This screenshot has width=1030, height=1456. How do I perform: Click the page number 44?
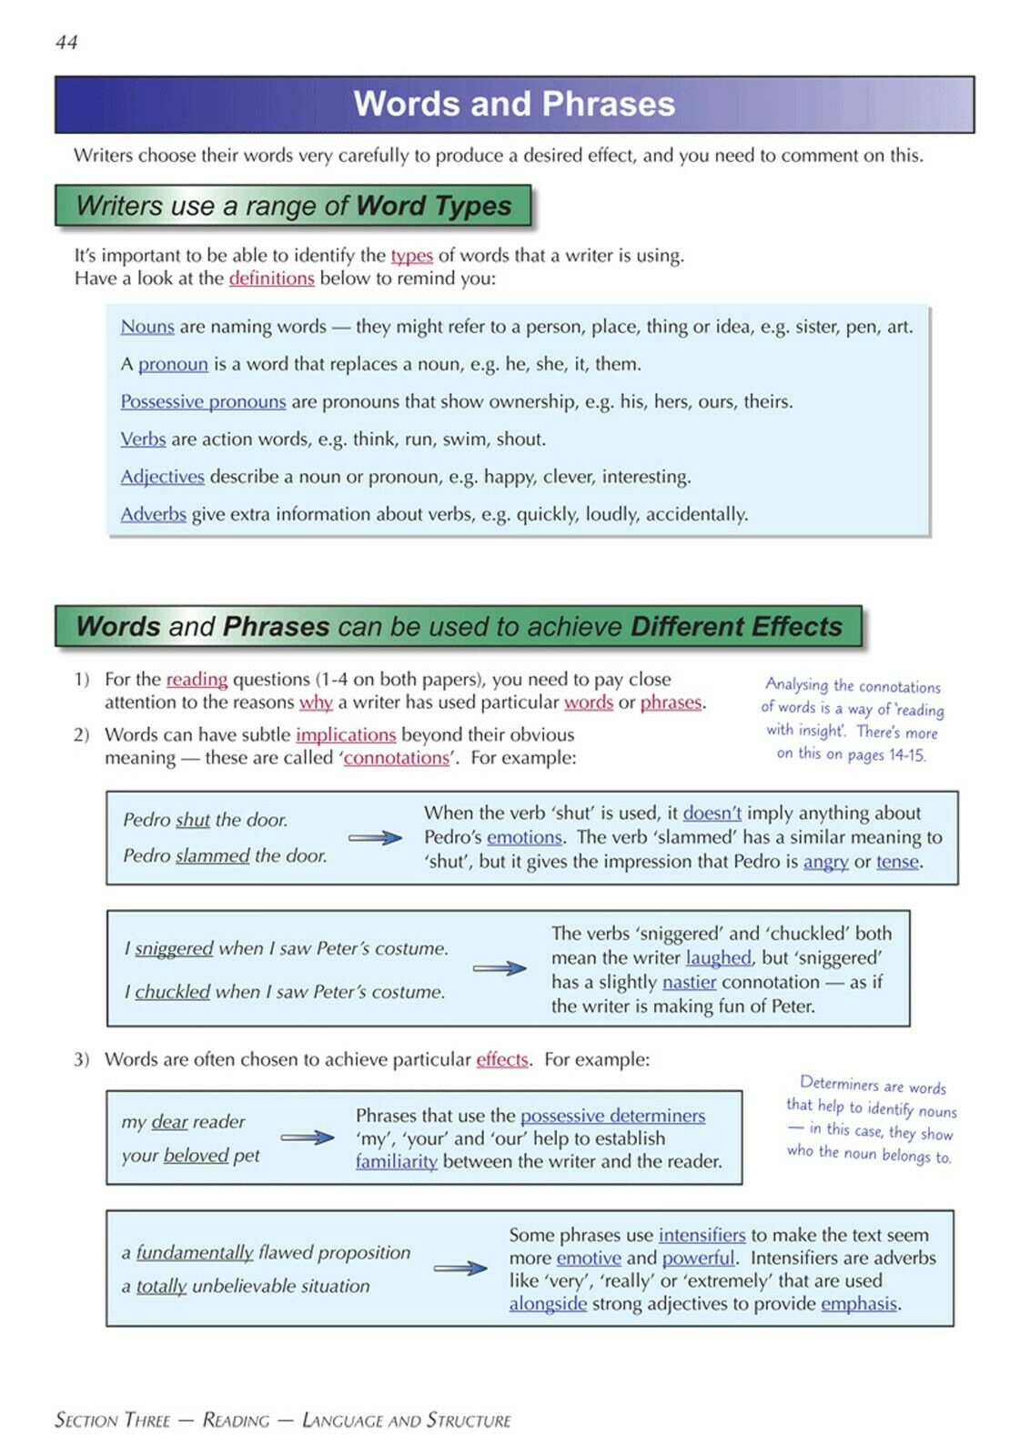(x=66, y=42)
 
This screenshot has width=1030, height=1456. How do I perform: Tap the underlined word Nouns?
(x=147, y=327)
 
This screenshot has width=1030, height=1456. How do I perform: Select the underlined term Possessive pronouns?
(x=203, y=401)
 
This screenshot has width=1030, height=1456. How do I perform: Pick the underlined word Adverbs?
(x=153, y=514)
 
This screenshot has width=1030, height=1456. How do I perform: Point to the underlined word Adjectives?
(x=162, y=477)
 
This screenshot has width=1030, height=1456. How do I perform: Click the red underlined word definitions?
(x=271, y=278)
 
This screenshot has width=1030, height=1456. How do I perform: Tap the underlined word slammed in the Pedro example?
(x=212, y=856)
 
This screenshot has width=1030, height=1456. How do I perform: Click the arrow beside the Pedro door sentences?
(x=375, y=838)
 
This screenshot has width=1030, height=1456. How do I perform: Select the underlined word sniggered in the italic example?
(x=174, y=949)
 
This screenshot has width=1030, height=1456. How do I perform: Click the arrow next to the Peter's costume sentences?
(x=500, y=969)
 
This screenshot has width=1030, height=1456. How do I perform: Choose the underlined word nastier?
(x=689, y=983)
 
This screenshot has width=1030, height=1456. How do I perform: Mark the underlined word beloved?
(x=196, y=1156)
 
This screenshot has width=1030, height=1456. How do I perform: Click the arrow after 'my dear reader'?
(x=308, y=1137)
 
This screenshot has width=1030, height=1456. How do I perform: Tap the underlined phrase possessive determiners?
(x=612, y=1116)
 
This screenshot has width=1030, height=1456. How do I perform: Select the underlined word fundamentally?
(x=195, y=1253)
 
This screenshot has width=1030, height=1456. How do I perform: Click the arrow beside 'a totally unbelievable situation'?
(x=460, y=1269)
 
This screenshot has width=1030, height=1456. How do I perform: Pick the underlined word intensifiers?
(x=702, y=1236)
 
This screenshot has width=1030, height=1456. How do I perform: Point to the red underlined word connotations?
(x=396, y=758)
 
